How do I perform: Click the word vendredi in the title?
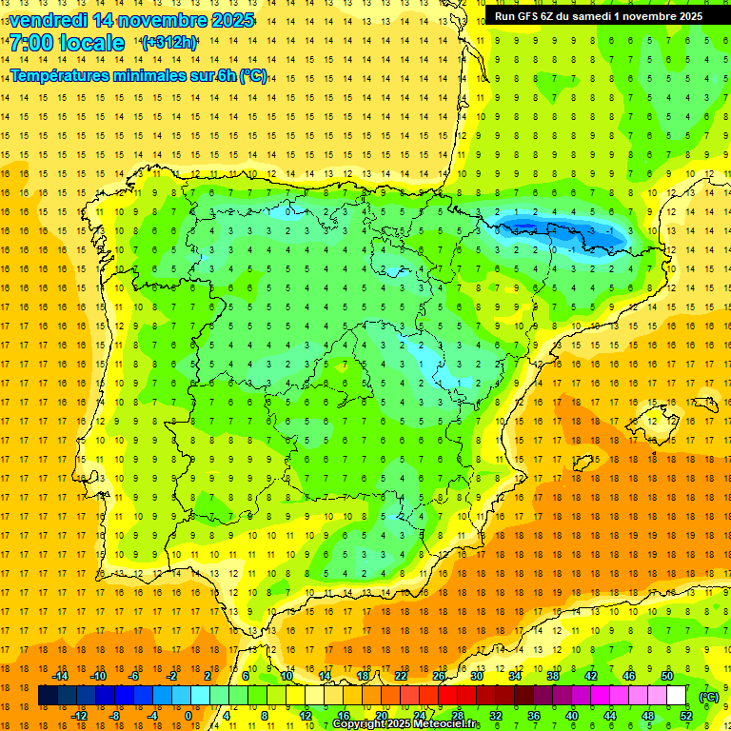48,20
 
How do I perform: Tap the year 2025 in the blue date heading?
228,20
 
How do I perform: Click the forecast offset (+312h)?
168,43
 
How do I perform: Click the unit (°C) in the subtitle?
253,75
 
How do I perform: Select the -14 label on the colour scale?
62,676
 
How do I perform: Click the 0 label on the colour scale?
188,715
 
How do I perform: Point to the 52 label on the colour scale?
686,715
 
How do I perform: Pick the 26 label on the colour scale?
439,676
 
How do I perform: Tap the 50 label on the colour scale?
667,676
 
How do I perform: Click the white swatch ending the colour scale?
677,696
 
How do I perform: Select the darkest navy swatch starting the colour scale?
48,696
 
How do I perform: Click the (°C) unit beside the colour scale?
708,696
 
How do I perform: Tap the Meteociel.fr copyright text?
405,724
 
